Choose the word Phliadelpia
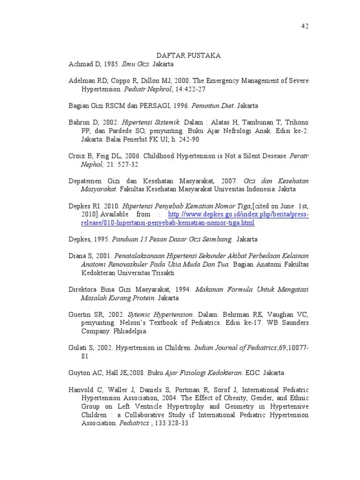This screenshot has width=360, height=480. pyautogui.click(x=130, y=331)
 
